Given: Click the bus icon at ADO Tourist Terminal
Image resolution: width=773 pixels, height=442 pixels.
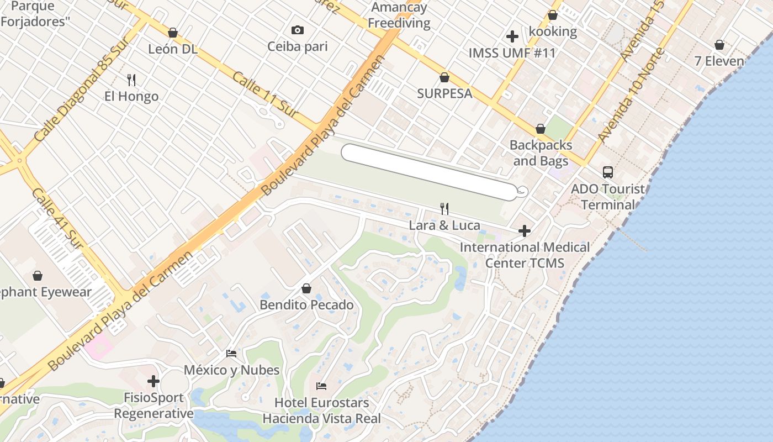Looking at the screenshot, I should (608, 172).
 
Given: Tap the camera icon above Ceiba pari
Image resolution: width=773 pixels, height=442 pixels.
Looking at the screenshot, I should (298, 30).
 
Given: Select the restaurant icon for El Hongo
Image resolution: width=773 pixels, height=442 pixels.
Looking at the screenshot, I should (131, 80).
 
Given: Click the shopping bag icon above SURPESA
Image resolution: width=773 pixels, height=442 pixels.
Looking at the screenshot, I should (444, 77).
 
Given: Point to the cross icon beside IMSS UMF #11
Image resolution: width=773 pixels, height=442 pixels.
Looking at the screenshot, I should (512, 36).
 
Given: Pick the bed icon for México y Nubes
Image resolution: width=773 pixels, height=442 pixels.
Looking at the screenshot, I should (231, 354).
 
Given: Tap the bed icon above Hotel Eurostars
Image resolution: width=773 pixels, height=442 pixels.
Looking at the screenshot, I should (321, 386).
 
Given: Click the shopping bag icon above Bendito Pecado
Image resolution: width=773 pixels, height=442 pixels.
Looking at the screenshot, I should (306, 288).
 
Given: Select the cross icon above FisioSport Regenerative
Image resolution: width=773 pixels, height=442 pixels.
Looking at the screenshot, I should (153, 381).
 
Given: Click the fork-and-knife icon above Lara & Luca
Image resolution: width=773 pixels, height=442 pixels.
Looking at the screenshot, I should (444, 208).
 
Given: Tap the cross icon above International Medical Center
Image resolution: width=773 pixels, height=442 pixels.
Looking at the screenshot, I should (525, 230).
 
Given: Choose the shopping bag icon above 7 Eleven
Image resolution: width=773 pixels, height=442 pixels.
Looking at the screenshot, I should (719, 44).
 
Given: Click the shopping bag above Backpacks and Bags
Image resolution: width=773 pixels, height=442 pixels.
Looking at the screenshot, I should (541, 129).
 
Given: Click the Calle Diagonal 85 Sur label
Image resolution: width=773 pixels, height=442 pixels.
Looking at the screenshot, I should (81, 88).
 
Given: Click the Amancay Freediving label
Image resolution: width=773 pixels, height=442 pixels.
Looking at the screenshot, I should (399, 15).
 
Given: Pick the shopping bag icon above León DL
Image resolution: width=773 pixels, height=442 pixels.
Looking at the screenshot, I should (173, 33).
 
